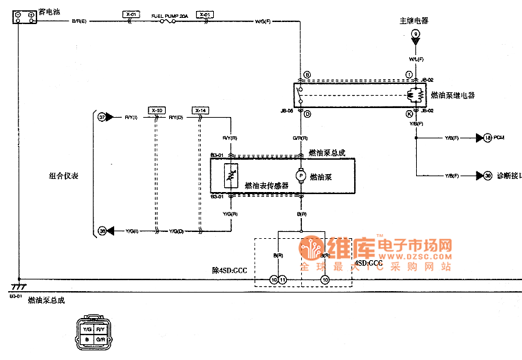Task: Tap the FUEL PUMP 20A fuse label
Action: (x=166, y=14)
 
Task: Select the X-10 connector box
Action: (x=157, y=110)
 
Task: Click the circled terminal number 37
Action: (x=102, y=118)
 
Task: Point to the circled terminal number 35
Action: (x=102, y=231)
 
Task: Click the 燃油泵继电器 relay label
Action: (x=453, y=95)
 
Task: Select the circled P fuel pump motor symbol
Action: (x=300, y=176)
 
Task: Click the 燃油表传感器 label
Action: (x=266, y=185)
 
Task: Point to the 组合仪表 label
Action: (x=63, y=176)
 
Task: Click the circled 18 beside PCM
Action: (x=488, y=138)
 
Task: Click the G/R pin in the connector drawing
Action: (x=100, y=339)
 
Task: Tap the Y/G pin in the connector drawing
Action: (x=87, y=330)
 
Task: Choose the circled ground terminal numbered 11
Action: (x=282, y=279)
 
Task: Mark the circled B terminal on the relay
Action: (x=307, y=74)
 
